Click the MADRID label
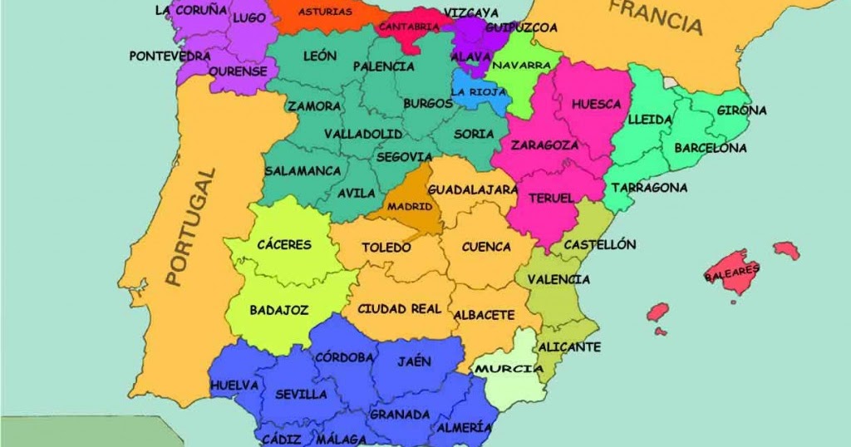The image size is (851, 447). pyautogui.click(x=410, y=206)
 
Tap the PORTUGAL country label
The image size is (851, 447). pyautogui.click(x=189, y=227)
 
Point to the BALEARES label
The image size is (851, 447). pyautogui.click(x=732, y=271)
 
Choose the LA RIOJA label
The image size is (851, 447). pyautogui.click(x=478, y=91)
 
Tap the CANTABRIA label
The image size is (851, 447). pyautogui.click(x=409, y=27)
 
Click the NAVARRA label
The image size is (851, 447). pyautogui.click(x=521, y=64)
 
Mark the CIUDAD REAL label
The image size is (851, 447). pyautogui.click(x=399, y=309)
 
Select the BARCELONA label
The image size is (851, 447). pyautogui.click(x=710, y=148)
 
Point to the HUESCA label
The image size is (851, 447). pyautogui.click(x=597, y=104)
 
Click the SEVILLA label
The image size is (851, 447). pyautogui.click(x=301, y=394)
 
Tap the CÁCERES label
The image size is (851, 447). pyautogui.click(x=284, y=244)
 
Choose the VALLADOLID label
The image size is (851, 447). pyautogui.click(x=363, y=134)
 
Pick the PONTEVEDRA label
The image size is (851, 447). pyautogui.click(x=170, y=56)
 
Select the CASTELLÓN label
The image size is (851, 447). pyautogui.click(x=599, y=244)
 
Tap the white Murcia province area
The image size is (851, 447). pyautogui.click(x=507, y=386)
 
